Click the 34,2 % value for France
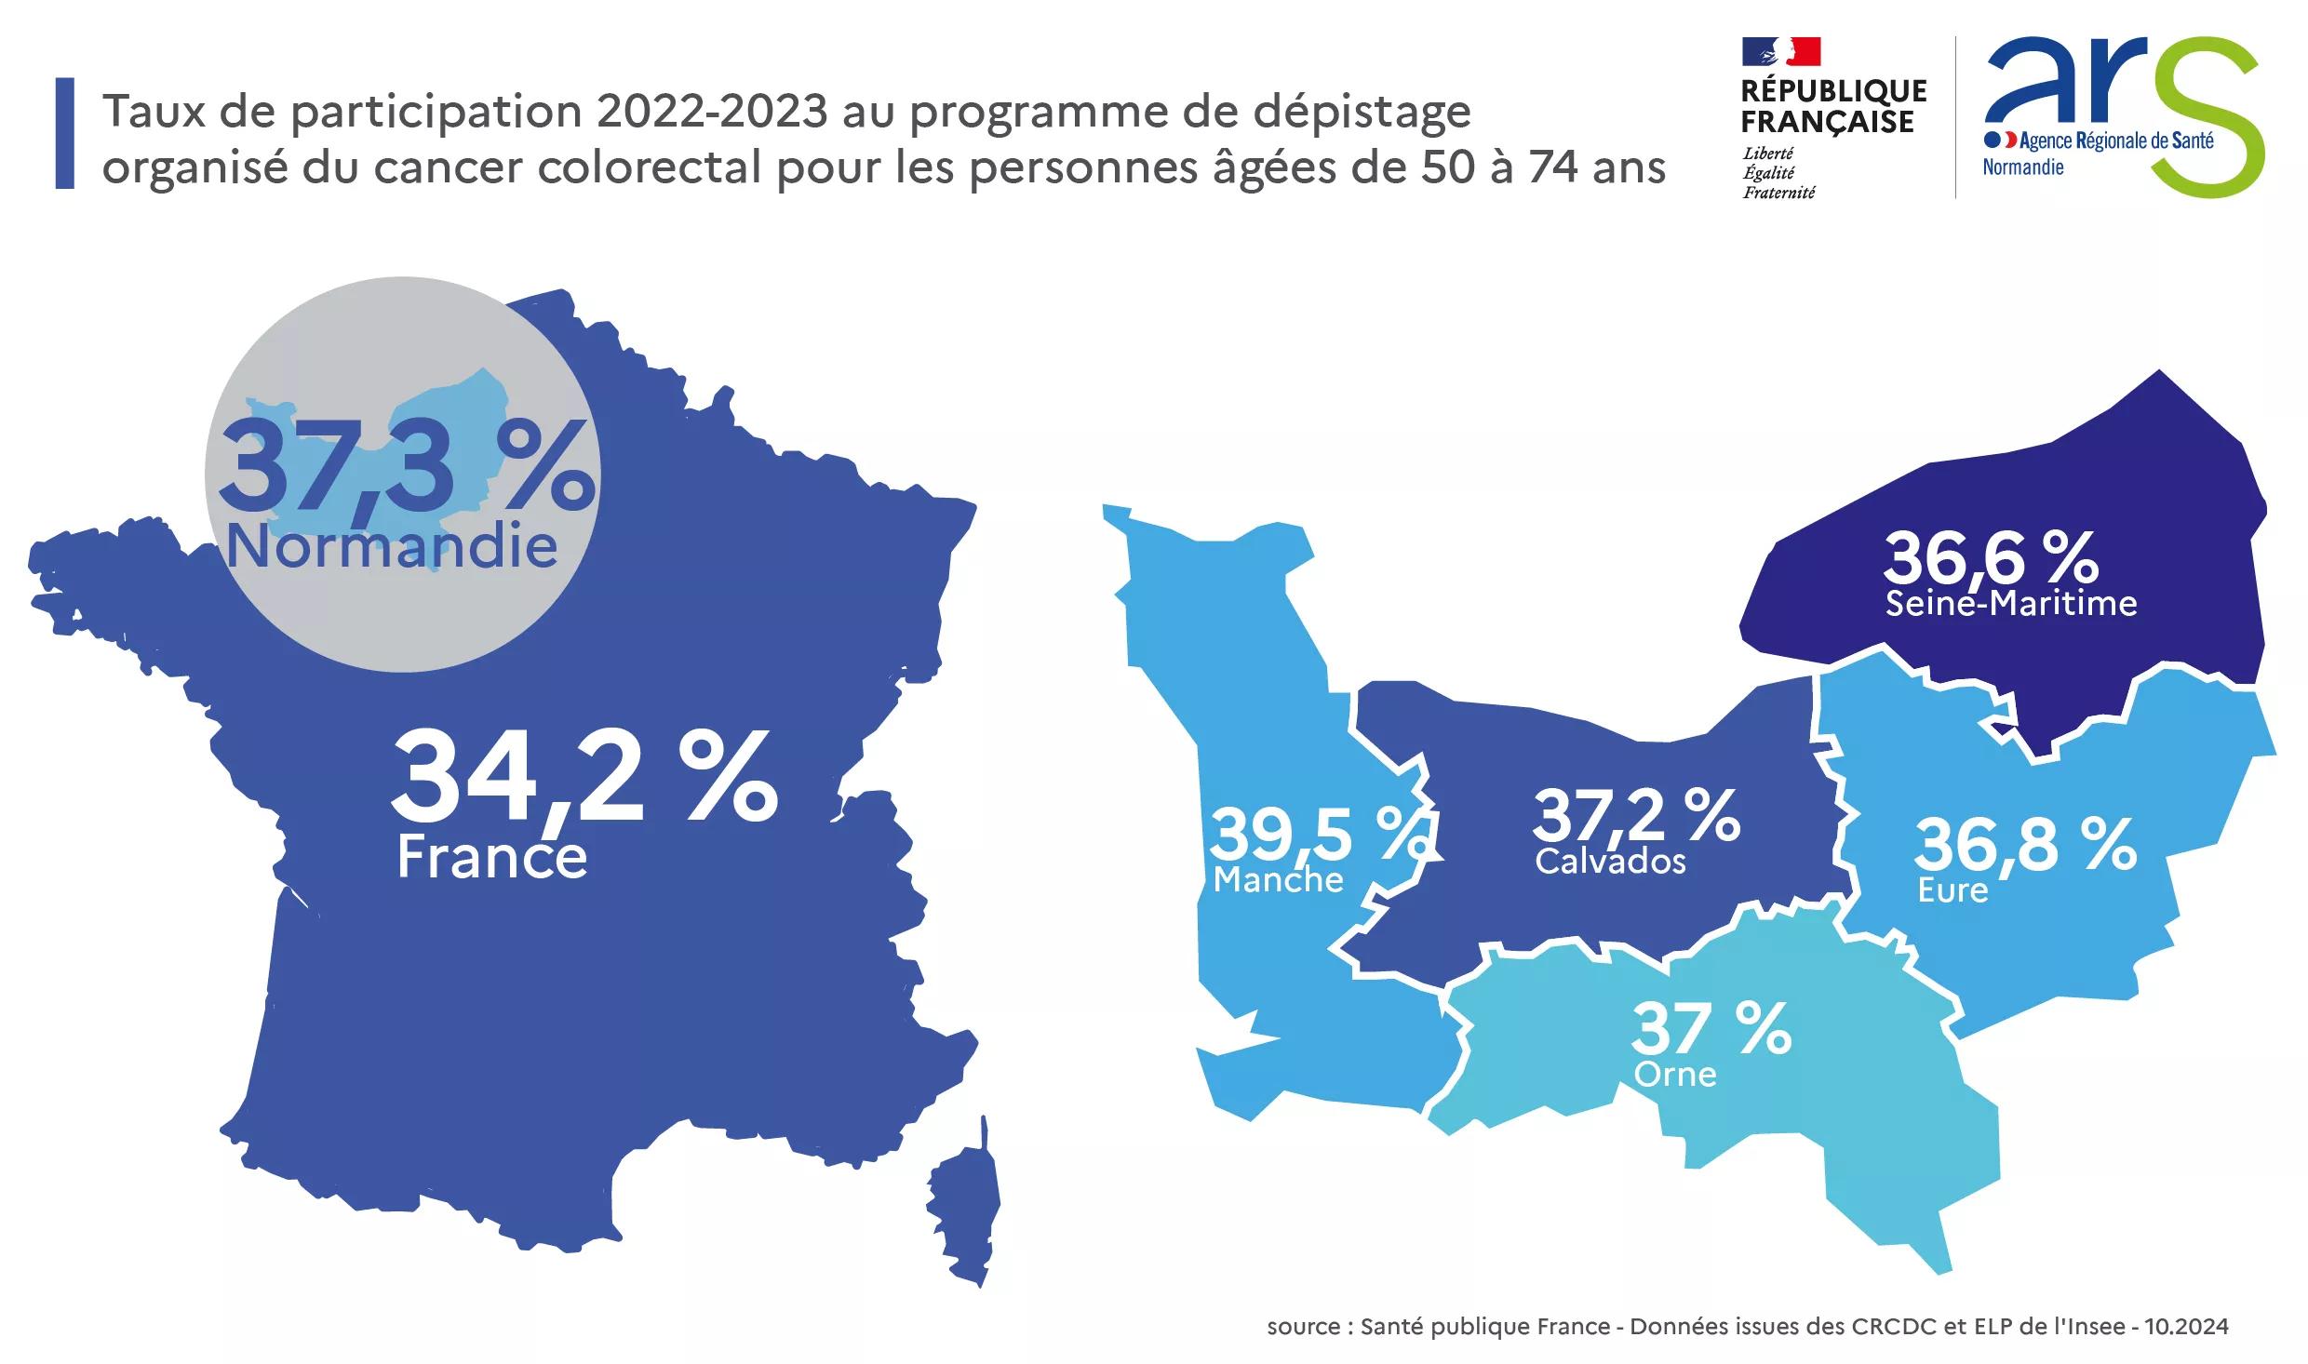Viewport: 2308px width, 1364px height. pos(584,777)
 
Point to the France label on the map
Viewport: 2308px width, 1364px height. pos(492,857)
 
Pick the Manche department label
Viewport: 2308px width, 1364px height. pos(1278,879)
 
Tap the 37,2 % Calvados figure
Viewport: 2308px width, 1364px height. pos(1636,814)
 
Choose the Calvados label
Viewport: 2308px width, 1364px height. pos(1610,862)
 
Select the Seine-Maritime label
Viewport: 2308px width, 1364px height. pos(2011,604)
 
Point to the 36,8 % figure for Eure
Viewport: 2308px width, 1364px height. pos(2025,844)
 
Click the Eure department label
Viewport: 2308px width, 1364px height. pos(1952,890)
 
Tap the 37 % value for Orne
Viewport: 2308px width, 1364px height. pos(1711,1028)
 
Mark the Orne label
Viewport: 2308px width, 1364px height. pos(1675,1075)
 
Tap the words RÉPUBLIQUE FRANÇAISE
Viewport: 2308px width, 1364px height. pos(1833,106)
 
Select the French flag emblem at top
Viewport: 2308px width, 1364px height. pos(1781,51)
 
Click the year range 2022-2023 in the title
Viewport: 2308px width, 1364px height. pos(712,112)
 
